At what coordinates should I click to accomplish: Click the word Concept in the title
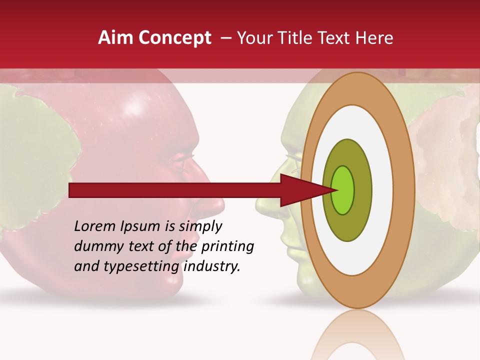(174, 38)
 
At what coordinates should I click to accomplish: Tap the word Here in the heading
(375, 38)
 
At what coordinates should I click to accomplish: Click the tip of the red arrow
(336, 190)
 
